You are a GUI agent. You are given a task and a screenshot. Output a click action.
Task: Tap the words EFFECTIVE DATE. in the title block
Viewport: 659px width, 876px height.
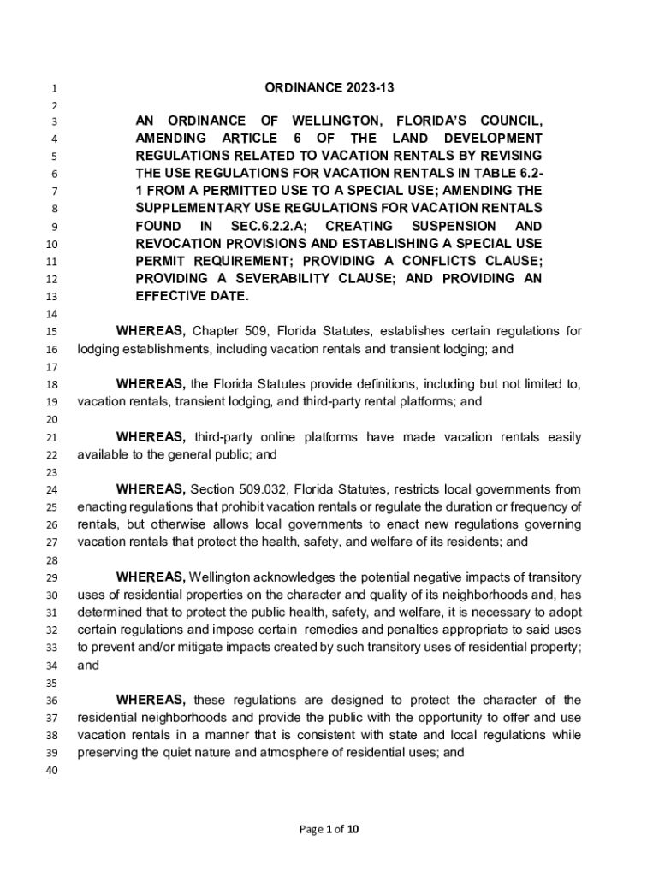coord(193,296)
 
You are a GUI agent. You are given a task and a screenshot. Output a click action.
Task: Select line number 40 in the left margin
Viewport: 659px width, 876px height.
coord(50,772)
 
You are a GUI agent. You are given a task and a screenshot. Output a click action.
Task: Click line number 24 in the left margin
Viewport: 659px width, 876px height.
coord(50,490)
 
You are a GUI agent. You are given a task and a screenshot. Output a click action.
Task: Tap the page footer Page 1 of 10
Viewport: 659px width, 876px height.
coord(329,828)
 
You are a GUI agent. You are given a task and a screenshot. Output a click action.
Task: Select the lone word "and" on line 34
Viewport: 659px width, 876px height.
coord(88,665)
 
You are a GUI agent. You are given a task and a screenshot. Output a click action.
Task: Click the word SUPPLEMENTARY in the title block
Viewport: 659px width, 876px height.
coord(195,208)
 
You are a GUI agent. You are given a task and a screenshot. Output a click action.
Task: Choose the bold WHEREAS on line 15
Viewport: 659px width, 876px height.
coord(151,331)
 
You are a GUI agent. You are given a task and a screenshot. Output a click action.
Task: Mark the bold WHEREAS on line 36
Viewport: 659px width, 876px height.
coord(151,700)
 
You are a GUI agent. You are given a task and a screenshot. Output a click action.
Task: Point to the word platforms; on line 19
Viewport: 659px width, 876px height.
coord(433,401)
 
